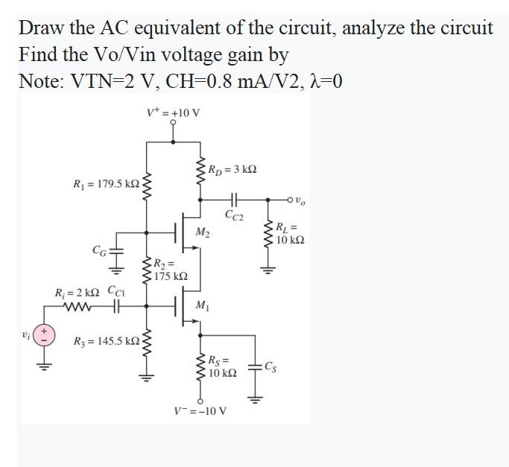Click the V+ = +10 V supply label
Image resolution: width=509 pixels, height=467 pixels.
coord(174,114)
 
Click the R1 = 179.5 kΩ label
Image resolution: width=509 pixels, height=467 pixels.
coord(104,184)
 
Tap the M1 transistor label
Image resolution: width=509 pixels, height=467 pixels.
coord(201,305)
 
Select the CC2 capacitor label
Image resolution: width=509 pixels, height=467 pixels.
coord(233,215)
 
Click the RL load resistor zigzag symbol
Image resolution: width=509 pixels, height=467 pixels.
coord(266,233)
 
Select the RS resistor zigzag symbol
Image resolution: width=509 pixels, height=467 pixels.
coord(200,366)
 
